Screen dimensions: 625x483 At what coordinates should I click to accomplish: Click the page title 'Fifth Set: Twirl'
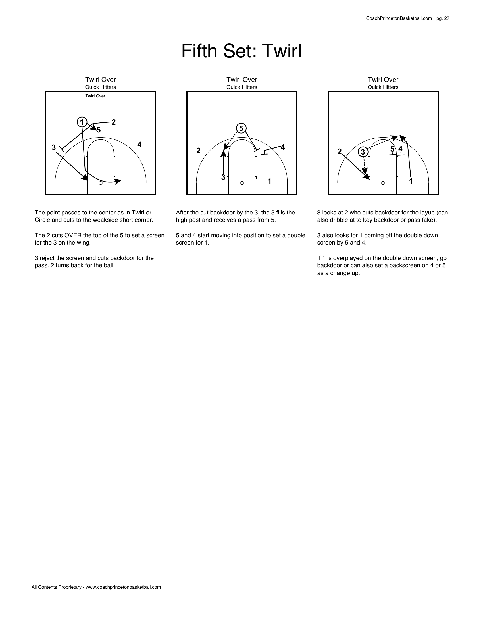point(241,51)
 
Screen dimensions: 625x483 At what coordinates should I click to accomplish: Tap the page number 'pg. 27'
point(443,18)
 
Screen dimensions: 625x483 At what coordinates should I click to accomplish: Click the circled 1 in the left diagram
point(82,122)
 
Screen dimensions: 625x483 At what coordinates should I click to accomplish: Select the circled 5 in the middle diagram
point(241,128)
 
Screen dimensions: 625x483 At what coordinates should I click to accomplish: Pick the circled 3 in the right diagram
point(363,152)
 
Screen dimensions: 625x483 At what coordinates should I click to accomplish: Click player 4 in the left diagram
point(139,145)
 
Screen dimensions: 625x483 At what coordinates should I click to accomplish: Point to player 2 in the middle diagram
point(198,151)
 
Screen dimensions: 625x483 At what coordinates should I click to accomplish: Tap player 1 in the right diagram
point(411,181)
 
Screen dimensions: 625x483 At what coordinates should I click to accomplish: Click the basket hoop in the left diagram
point(100,183)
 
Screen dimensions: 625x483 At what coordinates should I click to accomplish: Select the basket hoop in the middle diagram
point(242,183)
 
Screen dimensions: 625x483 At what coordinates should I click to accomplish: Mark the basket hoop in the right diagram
point(383,183)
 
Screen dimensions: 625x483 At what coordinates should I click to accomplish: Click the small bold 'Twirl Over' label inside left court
point(95,96)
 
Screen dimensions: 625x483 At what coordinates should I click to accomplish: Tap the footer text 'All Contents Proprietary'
point(56,587)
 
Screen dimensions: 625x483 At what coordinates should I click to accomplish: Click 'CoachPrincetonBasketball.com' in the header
point(399,18)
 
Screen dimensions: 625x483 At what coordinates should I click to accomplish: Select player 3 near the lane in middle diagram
point(223,178)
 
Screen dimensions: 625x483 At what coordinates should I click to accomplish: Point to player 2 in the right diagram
point(339,151)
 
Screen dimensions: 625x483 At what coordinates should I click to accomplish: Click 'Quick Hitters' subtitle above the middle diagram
point(241,87)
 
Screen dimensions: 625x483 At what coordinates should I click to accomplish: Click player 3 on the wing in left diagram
point(53,147)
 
